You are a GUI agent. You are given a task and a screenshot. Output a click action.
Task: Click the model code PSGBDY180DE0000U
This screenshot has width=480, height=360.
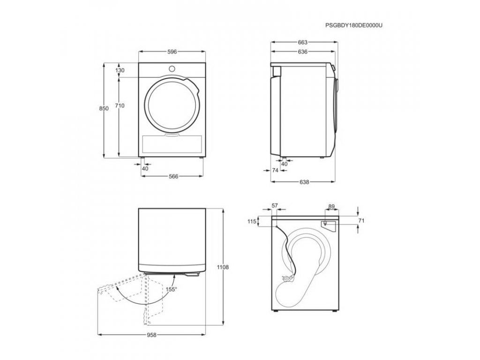[353, 25]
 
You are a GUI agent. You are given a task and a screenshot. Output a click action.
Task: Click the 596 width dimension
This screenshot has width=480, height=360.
[172, 52]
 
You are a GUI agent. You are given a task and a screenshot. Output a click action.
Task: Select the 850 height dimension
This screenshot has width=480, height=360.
[104, 108]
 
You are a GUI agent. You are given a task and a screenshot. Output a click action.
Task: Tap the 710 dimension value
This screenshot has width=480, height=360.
[120, 105]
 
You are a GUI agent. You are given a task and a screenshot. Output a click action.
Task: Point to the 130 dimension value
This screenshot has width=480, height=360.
[120, 70]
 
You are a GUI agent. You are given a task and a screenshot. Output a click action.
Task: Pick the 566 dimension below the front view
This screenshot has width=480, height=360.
[173, 176]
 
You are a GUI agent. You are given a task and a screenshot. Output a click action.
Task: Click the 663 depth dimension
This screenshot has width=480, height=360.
[302, 42]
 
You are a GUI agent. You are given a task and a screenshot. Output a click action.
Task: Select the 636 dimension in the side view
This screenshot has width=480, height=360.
[302, 52]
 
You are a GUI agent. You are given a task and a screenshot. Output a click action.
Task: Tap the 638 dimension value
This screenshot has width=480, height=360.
[304, 182]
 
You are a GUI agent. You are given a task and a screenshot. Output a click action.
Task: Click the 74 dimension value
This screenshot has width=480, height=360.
[275, 170]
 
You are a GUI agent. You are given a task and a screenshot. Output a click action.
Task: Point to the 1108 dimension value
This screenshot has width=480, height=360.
[223, 267]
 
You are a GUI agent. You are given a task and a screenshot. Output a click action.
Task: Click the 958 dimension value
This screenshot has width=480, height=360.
[151, 335]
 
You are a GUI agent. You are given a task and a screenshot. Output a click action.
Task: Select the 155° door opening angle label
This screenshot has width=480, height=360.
[172, 289]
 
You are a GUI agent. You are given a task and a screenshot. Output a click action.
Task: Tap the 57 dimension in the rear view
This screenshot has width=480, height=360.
[274, 205]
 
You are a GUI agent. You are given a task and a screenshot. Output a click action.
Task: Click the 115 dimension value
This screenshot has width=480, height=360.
[252, 222]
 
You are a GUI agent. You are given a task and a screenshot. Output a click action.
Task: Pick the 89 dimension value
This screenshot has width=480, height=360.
[331, 207]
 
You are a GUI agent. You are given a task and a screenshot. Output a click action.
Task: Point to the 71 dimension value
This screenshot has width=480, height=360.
[361, 220]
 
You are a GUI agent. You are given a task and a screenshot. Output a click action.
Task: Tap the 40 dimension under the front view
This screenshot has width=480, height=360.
[145, 168]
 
